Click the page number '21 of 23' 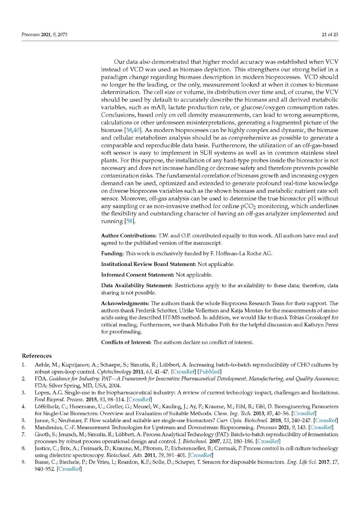329,34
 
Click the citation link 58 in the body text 130,221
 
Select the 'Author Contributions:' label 129,236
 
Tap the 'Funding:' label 112,254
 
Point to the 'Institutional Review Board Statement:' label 148,264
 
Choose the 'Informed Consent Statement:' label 138,275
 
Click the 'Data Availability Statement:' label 137,286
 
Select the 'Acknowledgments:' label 125,303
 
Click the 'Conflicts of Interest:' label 126,342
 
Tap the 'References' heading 37,356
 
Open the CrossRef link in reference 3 139,399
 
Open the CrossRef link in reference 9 69,469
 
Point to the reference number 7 24,434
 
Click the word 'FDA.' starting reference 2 41,379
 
